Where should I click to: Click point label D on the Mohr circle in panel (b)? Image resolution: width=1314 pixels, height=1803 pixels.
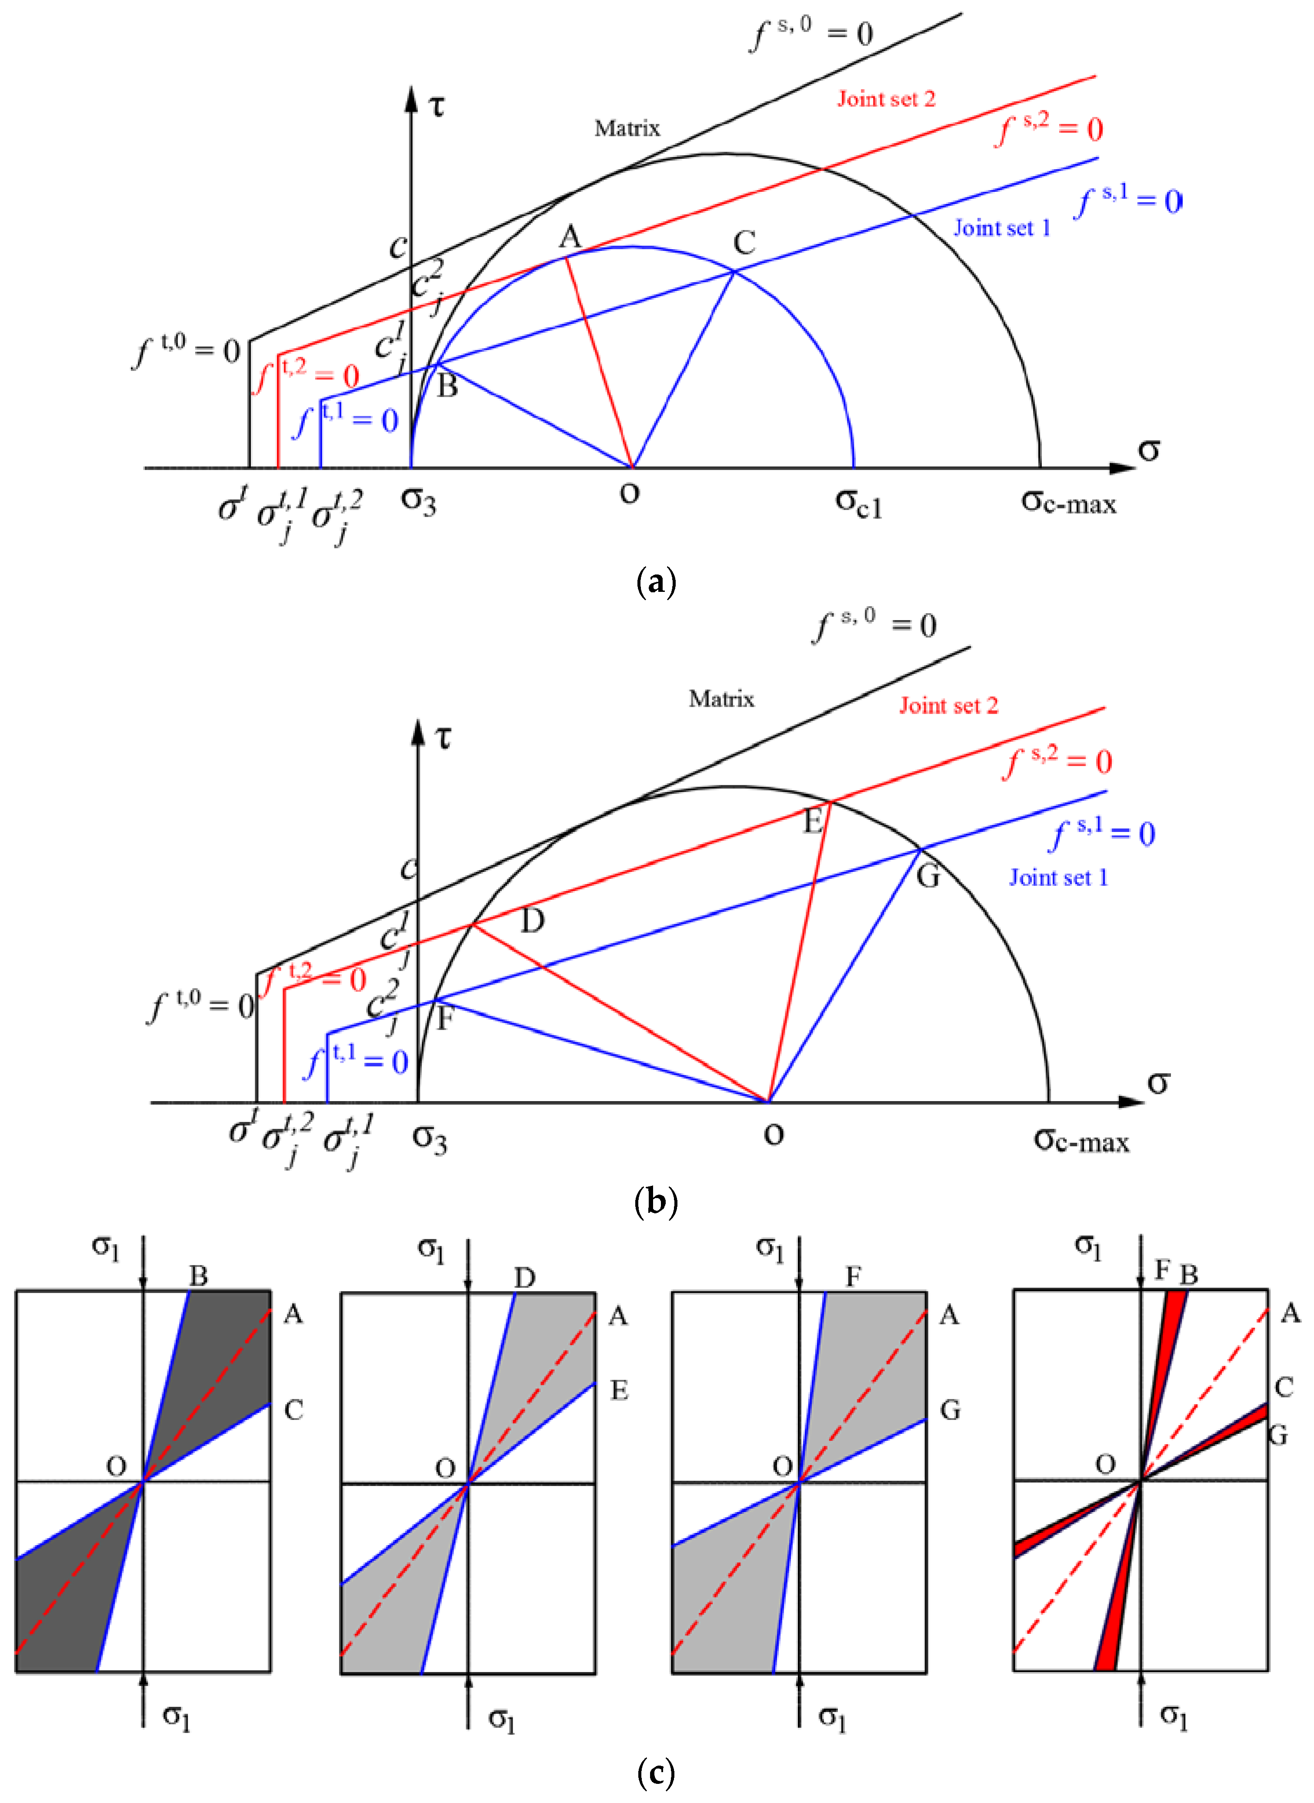tap(532, 920)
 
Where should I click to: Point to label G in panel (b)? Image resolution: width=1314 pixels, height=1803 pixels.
tap(928, 876)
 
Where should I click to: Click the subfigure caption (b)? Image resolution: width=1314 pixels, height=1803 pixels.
tap(656, 1201)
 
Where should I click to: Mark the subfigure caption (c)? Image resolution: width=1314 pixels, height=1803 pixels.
tap(656, 1772)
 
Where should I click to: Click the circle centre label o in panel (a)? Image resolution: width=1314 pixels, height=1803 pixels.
tap(629, 493)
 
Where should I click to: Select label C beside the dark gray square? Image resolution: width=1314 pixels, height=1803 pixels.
tap(293, 1410)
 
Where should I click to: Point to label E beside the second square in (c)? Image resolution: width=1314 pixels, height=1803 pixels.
tap(619, 1390)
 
